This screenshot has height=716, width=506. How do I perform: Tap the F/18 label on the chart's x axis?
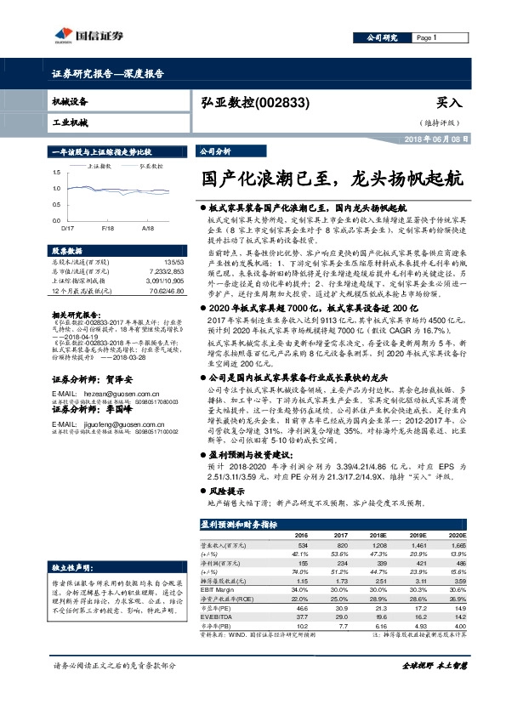pos(108,229)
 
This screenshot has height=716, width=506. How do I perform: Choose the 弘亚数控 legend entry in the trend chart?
pos(149,168)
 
